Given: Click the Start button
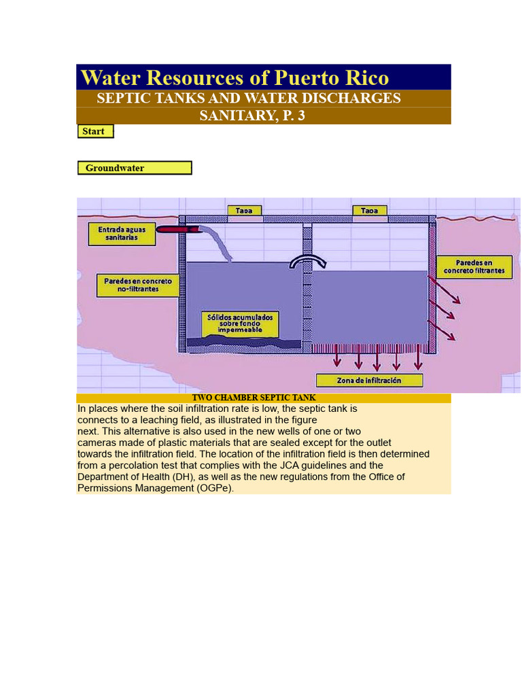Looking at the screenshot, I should pos(95,131).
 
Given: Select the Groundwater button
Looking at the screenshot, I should pos(135,168).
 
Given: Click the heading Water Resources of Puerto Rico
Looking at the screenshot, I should pos(235,77).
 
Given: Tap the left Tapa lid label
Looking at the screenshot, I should pos(244,211).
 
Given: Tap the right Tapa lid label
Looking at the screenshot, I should pos(369,211).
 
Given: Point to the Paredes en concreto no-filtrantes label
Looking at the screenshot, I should pos(138,285).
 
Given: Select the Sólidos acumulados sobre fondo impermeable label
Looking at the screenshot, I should pos(241,324).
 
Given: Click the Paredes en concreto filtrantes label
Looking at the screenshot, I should pos(474,266).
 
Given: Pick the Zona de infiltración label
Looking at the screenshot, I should pos(369,381).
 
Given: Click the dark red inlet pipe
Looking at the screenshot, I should pos(175,230).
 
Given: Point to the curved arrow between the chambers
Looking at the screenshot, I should pos(307,262).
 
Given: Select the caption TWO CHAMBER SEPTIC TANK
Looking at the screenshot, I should pos(254,398).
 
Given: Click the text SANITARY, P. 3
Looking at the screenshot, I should pos(252,116).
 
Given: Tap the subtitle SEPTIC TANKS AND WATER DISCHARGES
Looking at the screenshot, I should pos(249,98).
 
